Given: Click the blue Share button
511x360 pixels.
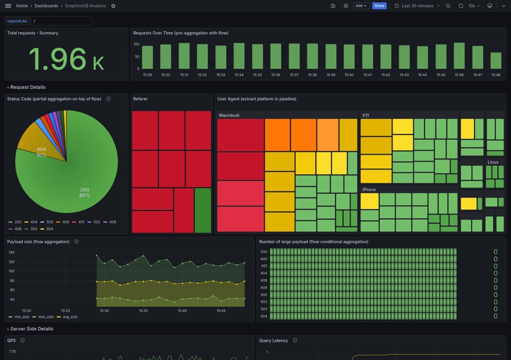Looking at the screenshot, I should click(379, 6).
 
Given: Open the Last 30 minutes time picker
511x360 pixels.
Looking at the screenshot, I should click(417, 6).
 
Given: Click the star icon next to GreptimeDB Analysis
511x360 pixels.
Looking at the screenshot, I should click(113, 6).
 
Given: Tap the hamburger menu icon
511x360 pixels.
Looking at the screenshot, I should click(8, 6).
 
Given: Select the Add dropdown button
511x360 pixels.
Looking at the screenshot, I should click(361, 6).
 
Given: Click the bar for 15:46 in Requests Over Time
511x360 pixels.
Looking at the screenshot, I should click(459, 56).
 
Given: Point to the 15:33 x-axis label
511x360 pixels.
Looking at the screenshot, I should click(221, 75).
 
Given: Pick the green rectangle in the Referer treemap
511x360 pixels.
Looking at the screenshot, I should click(203, 210).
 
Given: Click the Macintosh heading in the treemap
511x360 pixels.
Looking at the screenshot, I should click(229, 116).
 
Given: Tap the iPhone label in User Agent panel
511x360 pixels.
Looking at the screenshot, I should click(369, 190).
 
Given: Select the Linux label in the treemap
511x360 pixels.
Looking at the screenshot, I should click(493, 162).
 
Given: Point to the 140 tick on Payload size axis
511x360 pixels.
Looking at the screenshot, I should click(11, 253).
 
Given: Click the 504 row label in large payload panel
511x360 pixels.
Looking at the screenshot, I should click(264, 317).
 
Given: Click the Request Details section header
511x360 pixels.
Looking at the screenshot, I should click(28, 87).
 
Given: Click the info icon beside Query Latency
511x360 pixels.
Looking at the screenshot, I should click(295, 341).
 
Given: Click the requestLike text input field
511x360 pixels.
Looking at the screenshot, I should click(61, 21).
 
